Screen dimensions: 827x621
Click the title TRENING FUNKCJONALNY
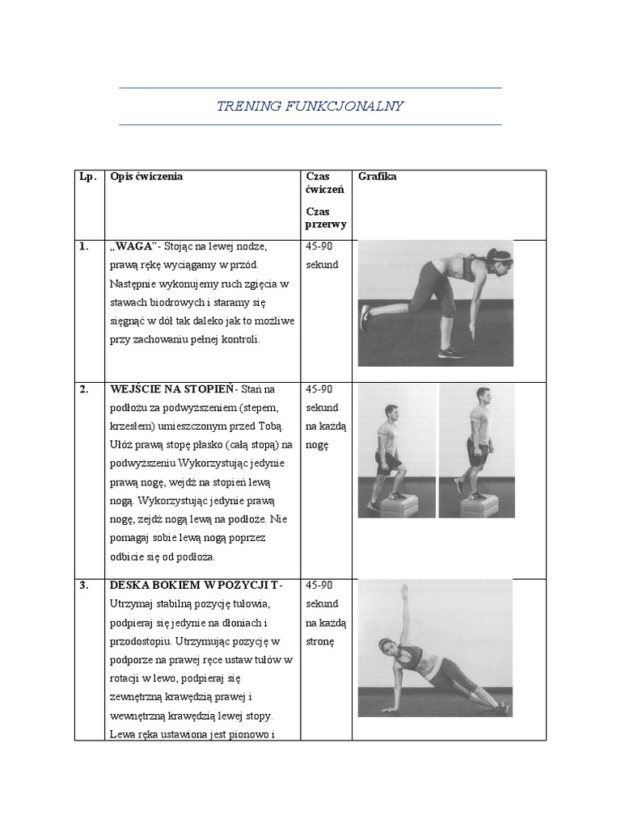tap(310, 107)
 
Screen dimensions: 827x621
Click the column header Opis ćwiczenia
tap(146, 177)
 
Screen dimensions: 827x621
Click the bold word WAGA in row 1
tap(134, 247)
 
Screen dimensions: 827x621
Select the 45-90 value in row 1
tap(319, 247)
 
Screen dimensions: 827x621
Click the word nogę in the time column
tap(319, 444)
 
